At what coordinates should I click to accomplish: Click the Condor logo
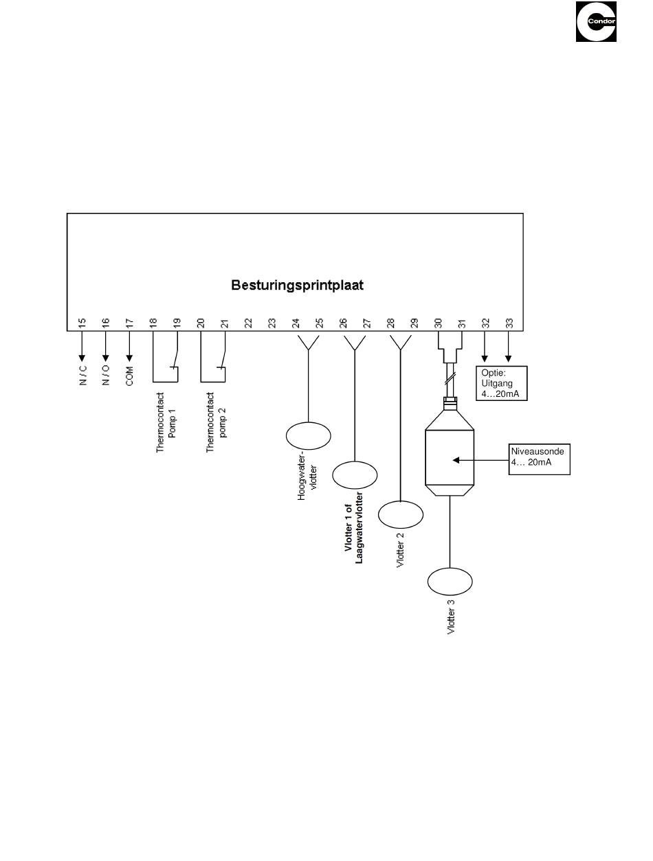click(596, 21)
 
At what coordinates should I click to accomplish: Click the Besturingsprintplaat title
click(297, 285)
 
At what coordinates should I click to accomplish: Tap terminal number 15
click(82, 323)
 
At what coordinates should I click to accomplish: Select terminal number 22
click(247, 323)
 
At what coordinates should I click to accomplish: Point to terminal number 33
click(509, 323)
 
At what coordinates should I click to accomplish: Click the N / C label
click(83, 376)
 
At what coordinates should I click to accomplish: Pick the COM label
click(129, 376)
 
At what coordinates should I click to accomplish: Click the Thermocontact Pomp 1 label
click(165, 422)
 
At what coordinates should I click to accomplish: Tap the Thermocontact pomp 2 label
click(216, 422)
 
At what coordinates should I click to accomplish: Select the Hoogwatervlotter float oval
click(308, 435)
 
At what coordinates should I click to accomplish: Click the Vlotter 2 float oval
click(401, 514)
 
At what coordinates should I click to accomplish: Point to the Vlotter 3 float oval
click(450, 582)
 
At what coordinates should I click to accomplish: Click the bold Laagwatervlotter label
click(359, 527)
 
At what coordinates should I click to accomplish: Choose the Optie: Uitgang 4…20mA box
click(501, 383)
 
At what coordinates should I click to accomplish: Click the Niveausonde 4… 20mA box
click(539, 459)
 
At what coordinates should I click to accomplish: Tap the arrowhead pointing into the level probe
click(456, 460)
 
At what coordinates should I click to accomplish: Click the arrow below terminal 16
click(105, 346)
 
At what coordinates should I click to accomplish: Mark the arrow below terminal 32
click(484, 347)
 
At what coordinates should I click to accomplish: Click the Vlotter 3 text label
click(451, 617)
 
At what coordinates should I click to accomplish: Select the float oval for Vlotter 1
click(355, 474)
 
